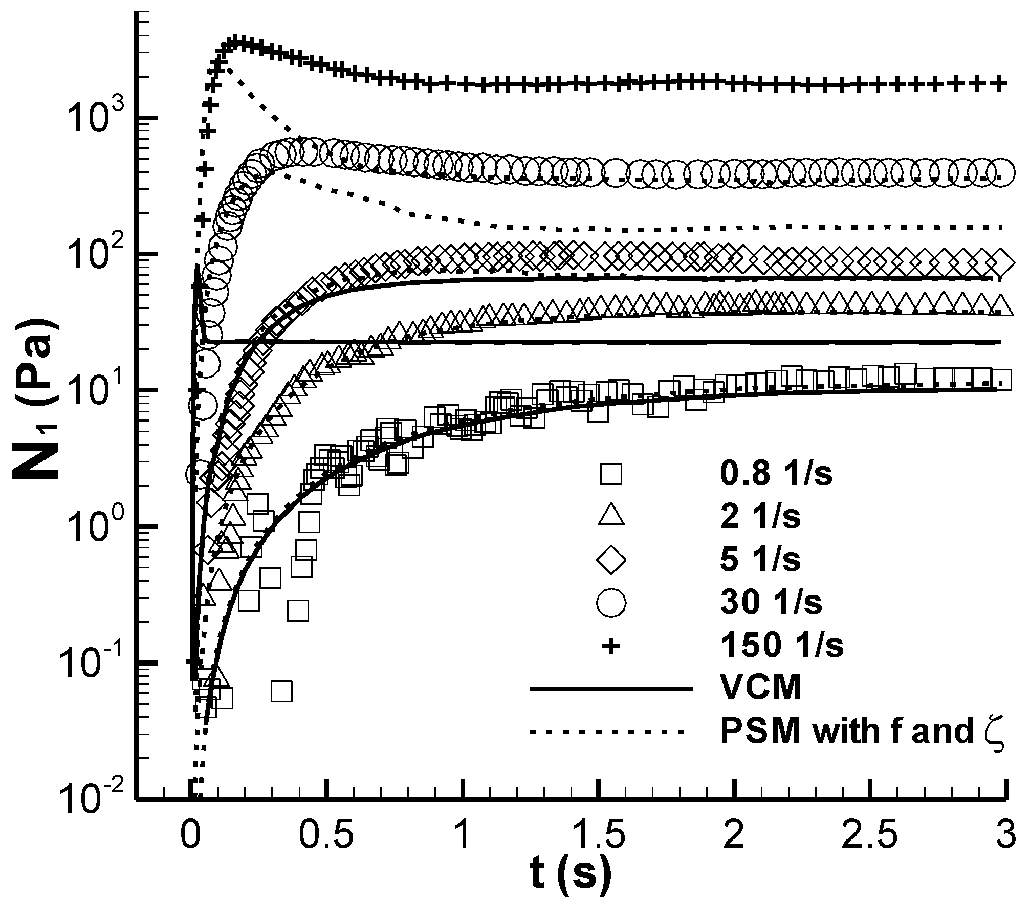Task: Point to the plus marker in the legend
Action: [x=610, y=647]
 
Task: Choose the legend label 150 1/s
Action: [x=781, y=647]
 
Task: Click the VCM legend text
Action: [x=760, y=689]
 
